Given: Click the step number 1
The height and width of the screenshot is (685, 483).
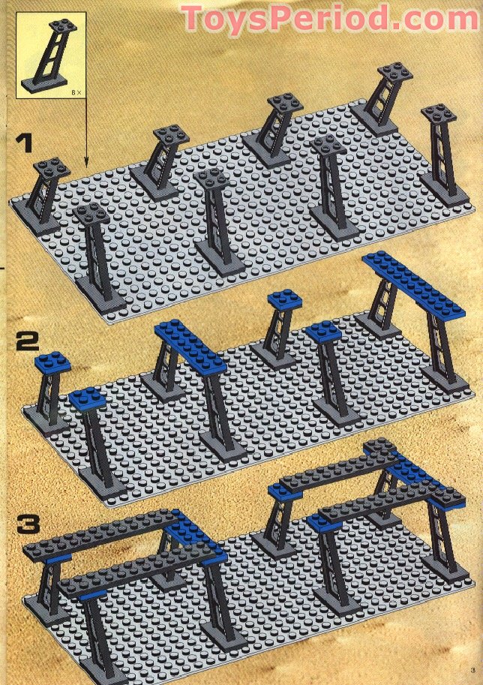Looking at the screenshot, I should pyautogui.click(x=25, y=143).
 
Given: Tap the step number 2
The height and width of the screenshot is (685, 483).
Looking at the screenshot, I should pyautogui.click(x=26, y=344).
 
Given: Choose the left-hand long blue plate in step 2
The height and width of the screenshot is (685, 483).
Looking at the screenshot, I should pyautogui.click(x=190, y=346).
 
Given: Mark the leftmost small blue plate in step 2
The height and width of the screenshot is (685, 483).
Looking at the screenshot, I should pyautogui.click(x=52, y=364).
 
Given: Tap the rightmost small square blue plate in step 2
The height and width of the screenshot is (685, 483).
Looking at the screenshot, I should pyautogui.click(x=323, y=332).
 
